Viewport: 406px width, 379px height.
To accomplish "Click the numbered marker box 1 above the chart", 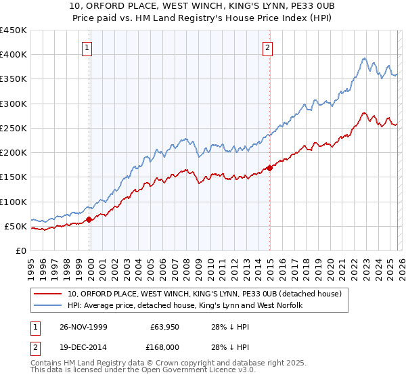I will click(89, 47).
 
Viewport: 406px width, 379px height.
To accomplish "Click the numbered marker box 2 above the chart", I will click(269, 47).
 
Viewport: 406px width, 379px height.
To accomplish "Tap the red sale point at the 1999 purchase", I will click(89, 219).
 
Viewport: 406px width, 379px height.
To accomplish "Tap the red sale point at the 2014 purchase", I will click(270, 169).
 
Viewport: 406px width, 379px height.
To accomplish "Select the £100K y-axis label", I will click(13, 202).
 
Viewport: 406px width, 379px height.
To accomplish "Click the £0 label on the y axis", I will click(20, 250).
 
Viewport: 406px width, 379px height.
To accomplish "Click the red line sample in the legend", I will click(49, 294).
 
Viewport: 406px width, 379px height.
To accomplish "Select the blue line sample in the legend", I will click(49, 306).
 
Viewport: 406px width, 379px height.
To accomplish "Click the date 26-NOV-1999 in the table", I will click(87, 327).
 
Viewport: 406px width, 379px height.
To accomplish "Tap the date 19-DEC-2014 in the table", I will click(87, 347).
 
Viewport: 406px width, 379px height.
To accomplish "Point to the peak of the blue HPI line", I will click(363, 58).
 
